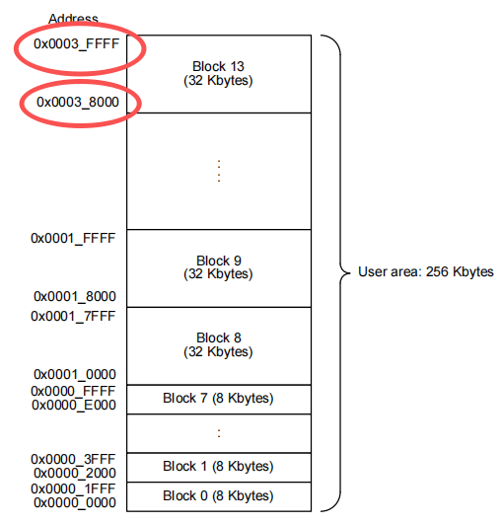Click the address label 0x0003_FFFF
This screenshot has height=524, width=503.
(x=77, y=43)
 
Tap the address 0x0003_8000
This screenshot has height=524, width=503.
(x=78, y=102)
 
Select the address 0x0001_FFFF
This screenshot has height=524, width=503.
(x=73, y=238)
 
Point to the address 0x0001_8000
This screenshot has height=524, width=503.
(x=75, y=296)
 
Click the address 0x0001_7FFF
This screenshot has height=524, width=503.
(x=73, y=316)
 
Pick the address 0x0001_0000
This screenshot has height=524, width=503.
(x=75, y=374)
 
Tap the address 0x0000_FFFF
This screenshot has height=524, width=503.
(x=73, y=391)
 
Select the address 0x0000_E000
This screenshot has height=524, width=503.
(x=74, y=405)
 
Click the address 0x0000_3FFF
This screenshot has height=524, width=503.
(x=73, y=459)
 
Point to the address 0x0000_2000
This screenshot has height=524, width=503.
(x=75, y=474)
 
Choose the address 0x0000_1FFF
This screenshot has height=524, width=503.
(x=73, y=488)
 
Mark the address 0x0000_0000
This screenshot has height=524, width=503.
(x=75, y=502)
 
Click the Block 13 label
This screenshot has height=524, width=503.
(x=218, y=66)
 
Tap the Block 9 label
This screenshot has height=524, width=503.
(x=219, y=261)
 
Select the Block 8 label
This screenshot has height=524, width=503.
(x=219, y=337)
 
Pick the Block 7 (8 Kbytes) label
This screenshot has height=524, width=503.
(x=218, y=399)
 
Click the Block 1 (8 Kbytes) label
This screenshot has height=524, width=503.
(x=218, y=467)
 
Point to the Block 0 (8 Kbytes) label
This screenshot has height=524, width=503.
(x=218, y=496)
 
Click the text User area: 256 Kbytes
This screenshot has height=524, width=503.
(x=426, y=272)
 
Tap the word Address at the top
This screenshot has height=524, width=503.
(x=74, y=19)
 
